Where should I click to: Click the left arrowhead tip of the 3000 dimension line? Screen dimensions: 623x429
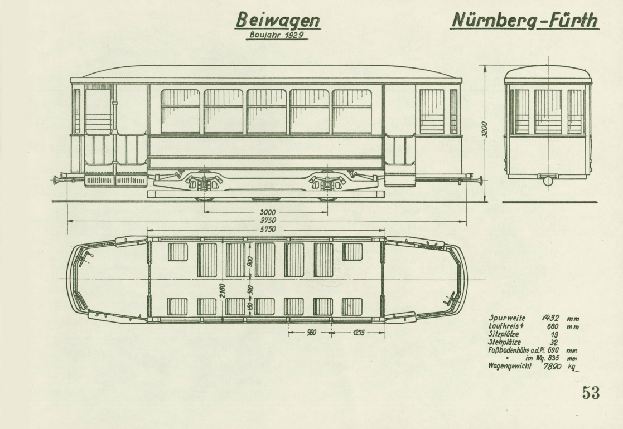[204, 212]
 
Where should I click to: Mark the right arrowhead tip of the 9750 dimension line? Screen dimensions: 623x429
[466, 221]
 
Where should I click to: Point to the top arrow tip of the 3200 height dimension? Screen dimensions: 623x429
[485, 66]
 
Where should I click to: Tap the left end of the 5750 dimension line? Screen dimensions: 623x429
[147, 230]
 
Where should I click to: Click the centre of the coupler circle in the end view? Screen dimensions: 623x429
[548, 181]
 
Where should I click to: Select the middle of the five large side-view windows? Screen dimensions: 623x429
[266, 111]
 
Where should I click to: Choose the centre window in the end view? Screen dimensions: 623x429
[548, 111]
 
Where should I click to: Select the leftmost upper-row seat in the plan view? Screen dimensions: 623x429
[177, 252]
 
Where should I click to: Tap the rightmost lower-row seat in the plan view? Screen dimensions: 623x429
[352, 307]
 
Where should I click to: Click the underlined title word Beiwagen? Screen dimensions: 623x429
[278, 21]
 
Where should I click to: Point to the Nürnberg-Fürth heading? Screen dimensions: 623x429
[525, 20]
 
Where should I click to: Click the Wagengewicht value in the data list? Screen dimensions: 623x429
[553, 366]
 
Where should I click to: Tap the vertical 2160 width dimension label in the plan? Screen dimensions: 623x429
[223, 291]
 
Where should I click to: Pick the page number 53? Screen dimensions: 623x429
[591, 392]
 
